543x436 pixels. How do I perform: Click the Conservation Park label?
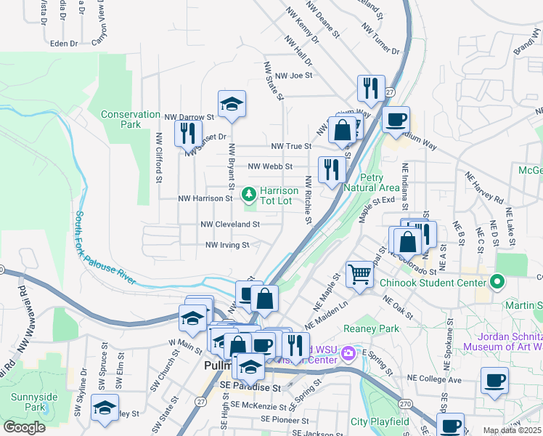pos(131,119)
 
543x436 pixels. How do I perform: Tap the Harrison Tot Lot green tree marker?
pos(248,193)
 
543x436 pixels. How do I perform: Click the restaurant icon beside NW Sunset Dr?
pos(187,133)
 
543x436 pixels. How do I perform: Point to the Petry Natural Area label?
pos(383,182)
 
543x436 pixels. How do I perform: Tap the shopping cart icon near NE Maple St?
pos(359,274)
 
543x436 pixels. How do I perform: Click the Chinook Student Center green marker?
pos(497,280)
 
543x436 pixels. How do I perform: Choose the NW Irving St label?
pos(227,246)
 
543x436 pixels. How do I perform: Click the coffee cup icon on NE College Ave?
pos(494,380)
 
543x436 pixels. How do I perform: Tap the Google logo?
pos(24,427)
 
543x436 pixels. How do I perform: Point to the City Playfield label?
pos(379,421)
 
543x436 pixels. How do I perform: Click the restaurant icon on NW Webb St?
pos(332,170)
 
